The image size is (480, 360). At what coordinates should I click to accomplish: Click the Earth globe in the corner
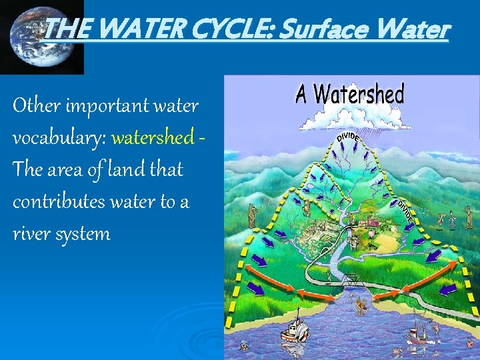(41, 38)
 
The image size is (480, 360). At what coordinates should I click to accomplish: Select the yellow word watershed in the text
(152, 138)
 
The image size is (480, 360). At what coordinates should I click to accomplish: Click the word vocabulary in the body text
(59, 138)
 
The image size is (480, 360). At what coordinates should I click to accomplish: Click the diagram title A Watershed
(350, 95)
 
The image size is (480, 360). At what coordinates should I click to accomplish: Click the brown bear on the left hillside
(252, 214)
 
